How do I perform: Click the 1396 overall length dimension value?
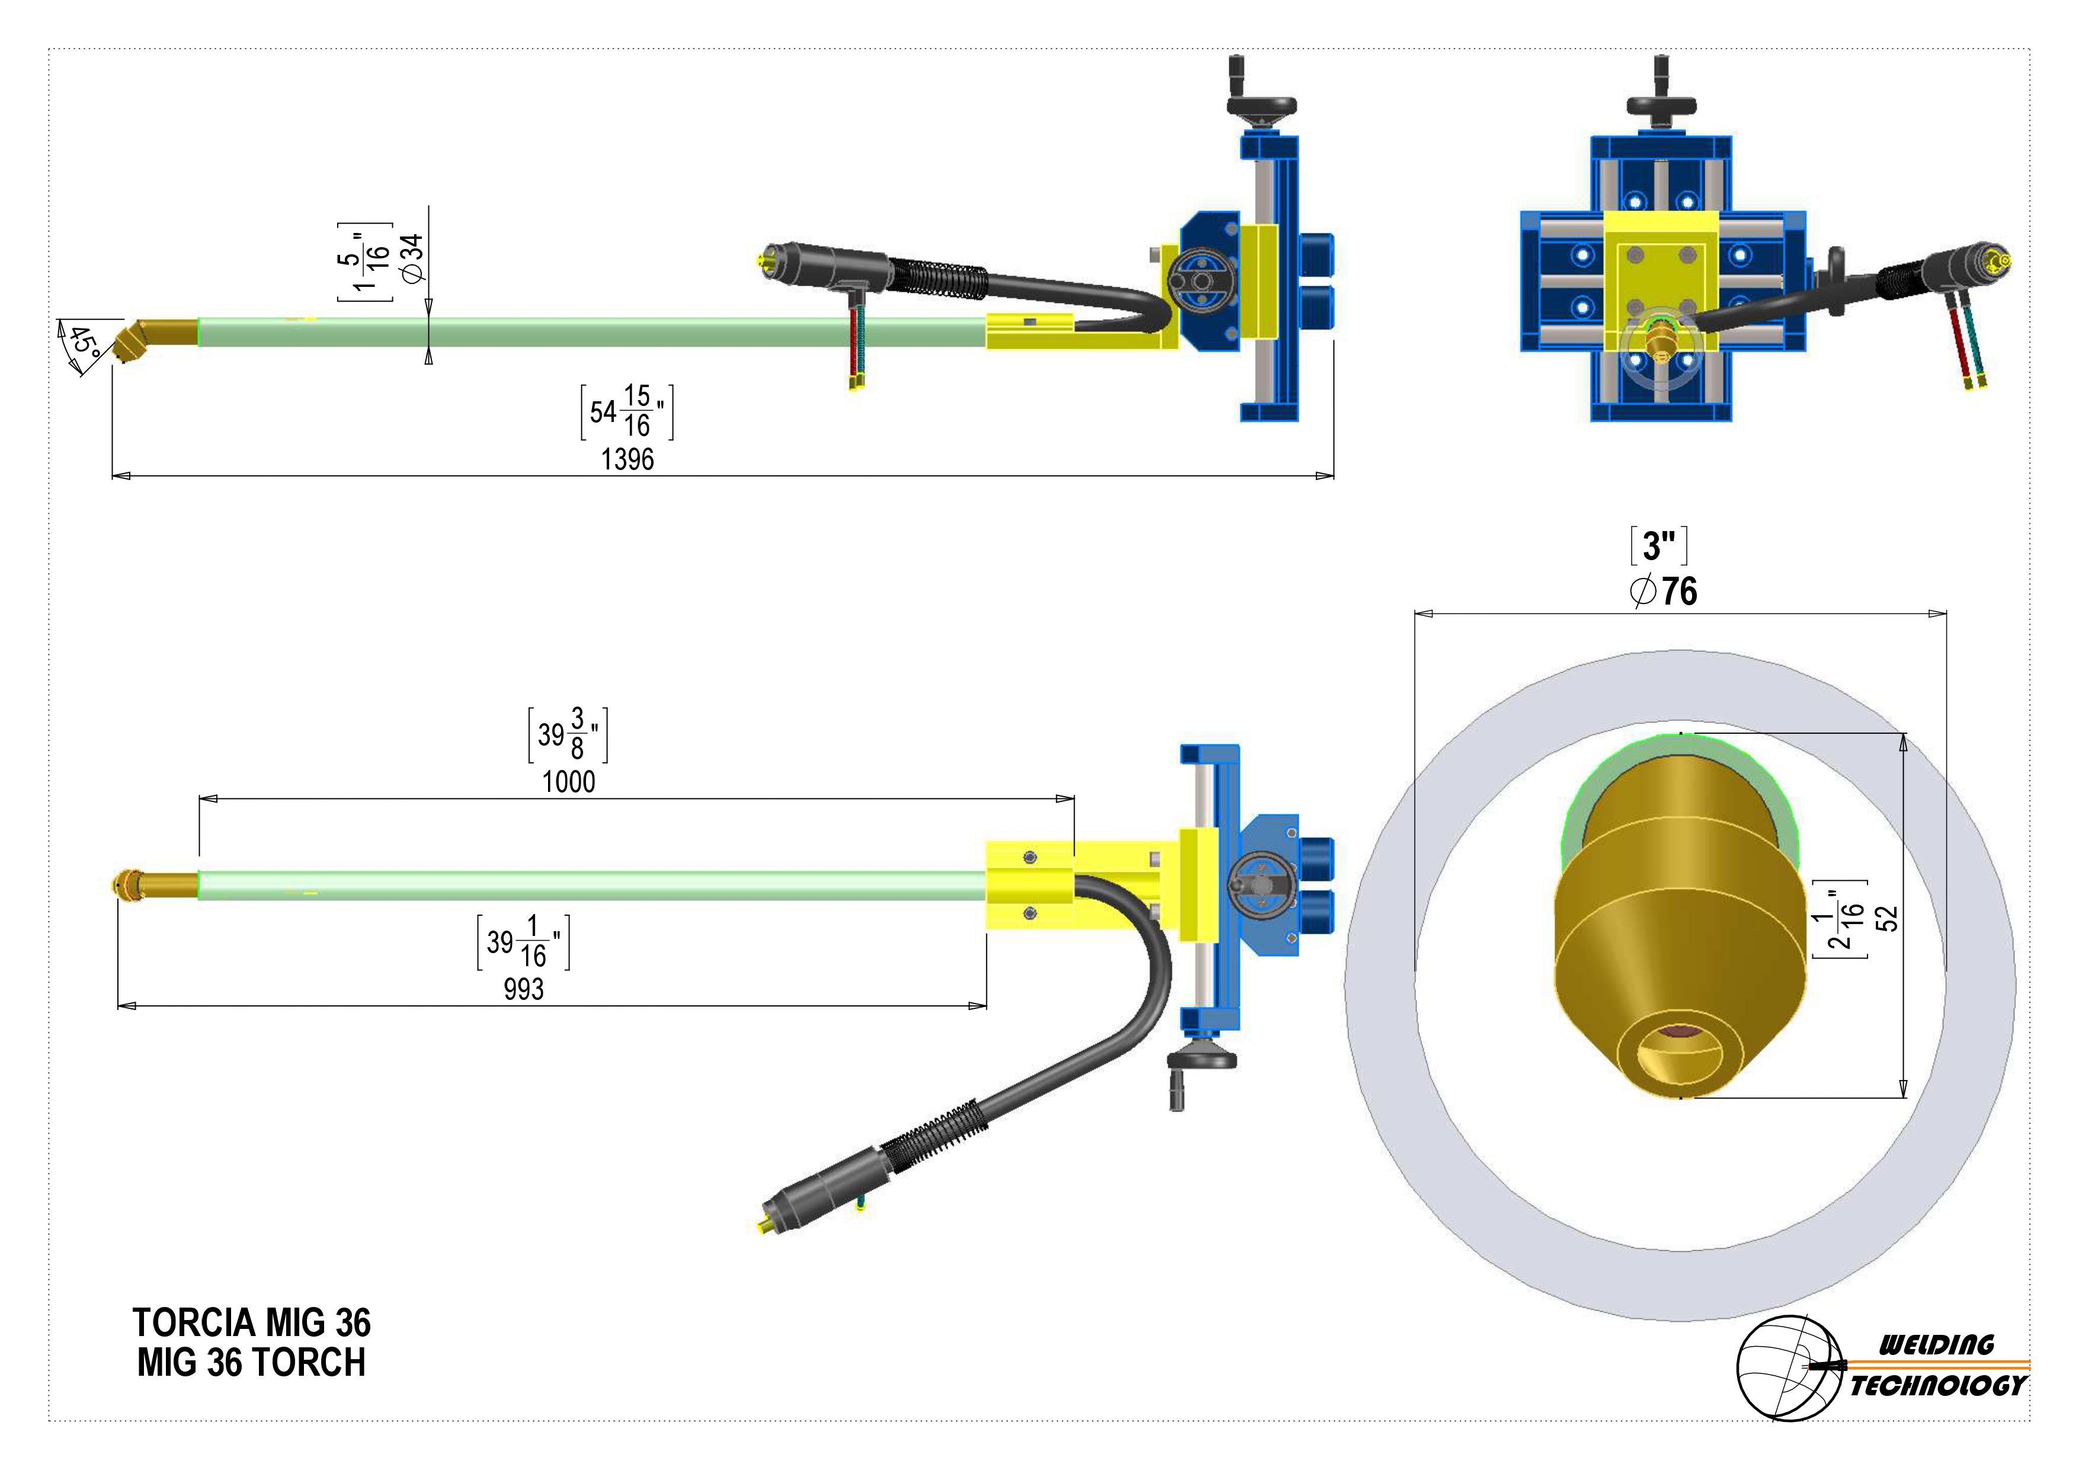(x=627, y=459)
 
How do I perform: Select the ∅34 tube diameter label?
(x=412, y=258)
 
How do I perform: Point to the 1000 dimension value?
(x=569, y=782)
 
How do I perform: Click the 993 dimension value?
(x=523, y=989)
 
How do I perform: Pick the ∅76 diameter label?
(x=1662, y=592)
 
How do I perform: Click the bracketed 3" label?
(x=1659, y=546)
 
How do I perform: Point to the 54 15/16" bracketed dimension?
(x=627, y=412)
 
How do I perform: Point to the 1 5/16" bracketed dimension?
(x=365, y=261)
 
